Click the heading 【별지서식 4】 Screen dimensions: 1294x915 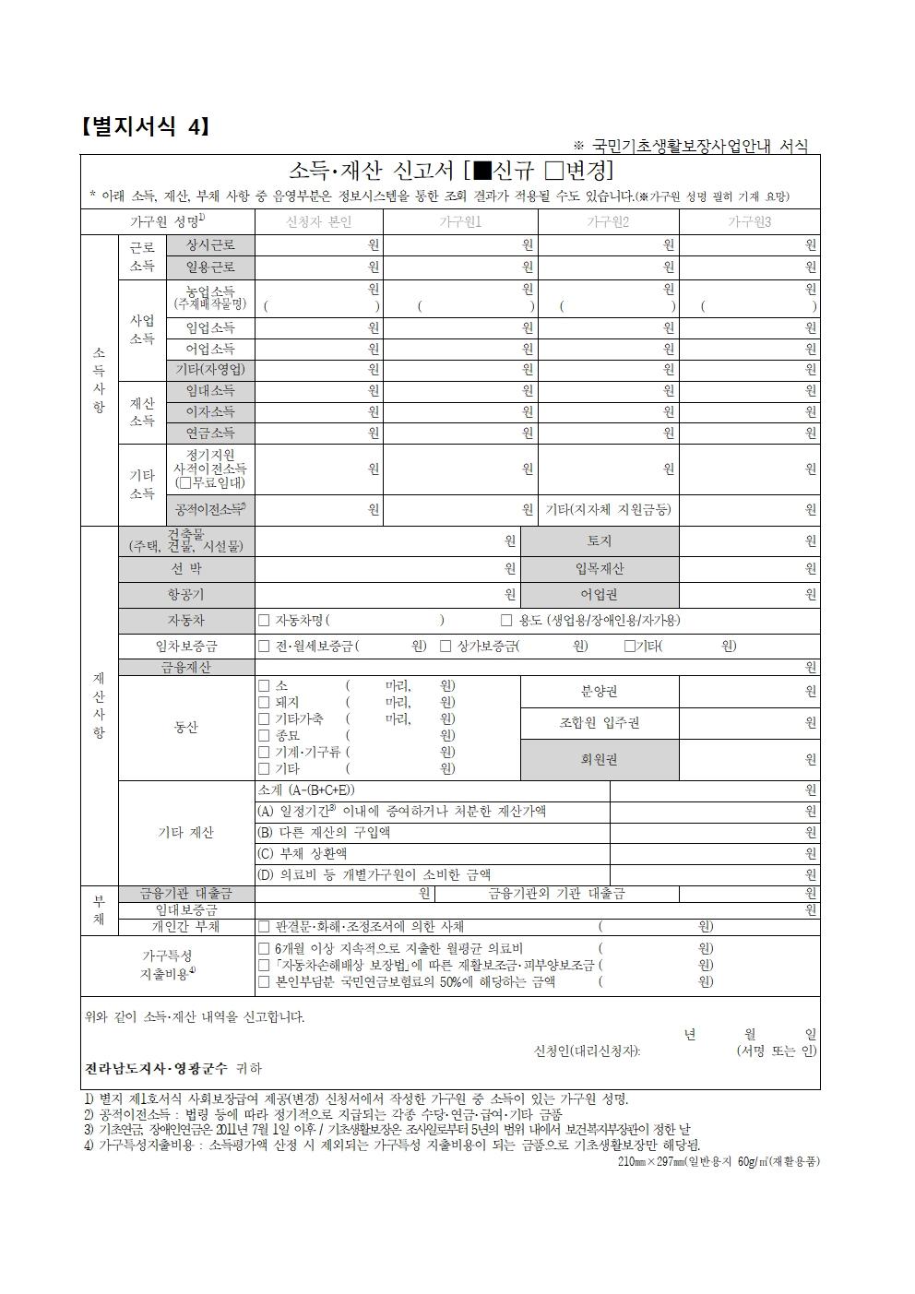[146, 126]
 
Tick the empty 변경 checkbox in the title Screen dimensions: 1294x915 [553, 172]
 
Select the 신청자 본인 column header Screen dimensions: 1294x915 [319, 222]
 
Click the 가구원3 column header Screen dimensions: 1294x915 [749, 222]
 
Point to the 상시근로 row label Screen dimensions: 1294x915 [210, 245]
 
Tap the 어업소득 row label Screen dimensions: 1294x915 [210, 350]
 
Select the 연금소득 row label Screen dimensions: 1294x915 [210, 433]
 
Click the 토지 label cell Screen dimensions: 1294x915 [600, 541]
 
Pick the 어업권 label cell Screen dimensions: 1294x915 [600, 595]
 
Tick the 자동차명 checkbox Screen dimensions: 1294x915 [265, 621]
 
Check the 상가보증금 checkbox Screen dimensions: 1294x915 [446, 647]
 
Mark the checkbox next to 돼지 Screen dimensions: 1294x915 [264, 703]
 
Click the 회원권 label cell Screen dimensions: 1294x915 [600, 760]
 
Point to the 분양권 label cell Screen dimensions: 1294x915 [600, 692]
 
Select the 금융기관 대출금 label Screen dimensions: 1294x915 [185, 894]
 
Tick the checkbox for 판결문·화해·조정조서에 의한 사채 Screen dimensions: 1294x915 [264, 927]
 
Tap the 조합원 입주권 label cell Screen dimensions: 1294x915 [600, 723]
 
